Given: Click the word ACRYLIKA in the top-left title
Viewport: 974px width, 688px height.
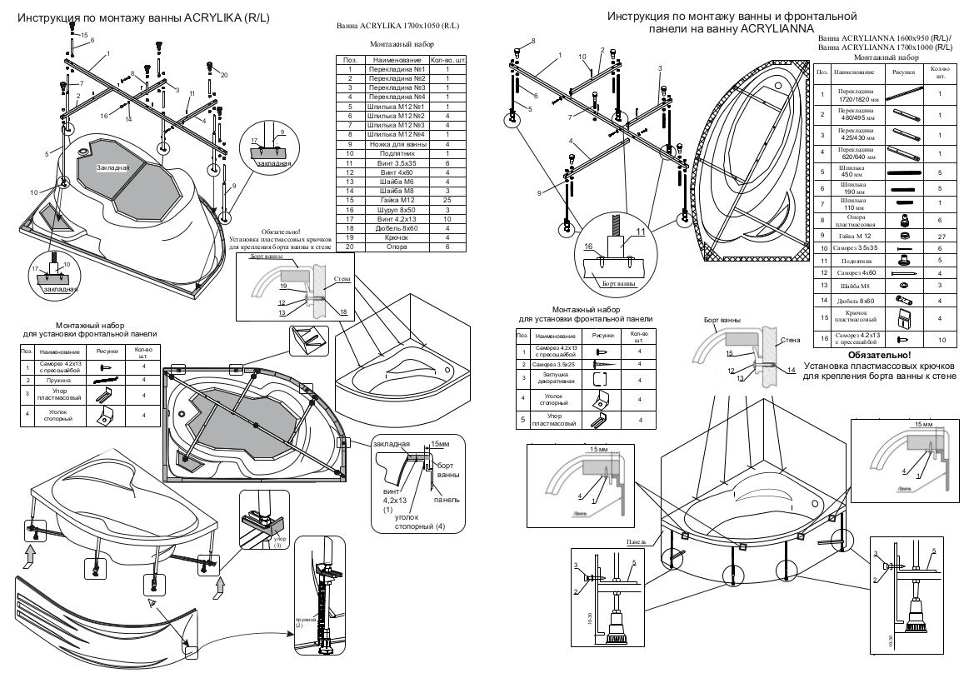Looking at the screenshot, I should [x=207, y=17].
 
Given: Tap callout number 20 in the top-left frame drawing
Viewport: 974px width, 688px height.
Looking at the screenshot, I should [x=223, y=75].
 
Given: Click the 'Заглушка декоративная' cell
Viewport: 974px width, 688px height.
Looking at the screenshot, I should [x=553, y=379].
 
